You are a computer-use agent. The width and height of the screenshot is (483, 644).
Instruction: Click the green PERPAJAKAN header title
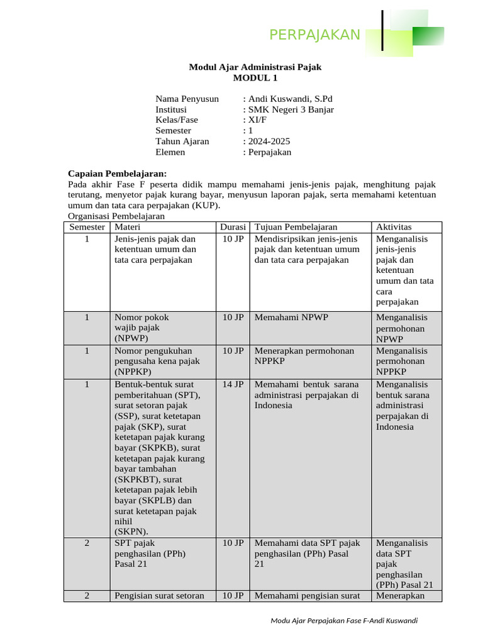(314, 35)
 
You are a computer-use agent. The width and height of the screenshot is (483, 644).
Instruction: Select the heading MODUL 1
(255, 78)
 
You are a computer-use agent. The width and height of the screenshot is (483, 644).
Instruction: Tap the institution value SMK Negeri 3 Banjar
(290, 109)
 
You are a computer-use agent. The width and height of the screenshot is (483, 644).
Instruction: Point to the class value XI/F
(252, 120)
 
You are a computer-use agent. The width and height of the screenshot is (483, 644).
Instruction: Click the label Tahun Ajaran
(182, 142)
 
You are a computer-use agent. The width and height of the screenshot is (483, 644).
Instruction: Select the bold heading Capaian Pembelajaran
(117, 174)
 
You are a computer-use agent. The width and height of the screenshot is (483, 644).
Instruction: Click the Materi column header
(127, 227)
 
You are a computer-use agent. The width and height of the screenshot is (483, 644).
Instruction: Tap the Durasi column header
(233, 227)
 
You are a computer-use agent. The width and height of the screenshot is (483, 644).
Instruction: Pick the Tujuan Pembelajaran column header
(296, 227)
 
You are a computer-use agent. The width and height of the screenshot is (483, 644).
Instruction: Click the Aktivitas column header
(394, 227)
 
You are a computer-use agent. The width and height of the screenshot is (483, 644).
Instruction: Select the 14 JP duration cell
(233, 384)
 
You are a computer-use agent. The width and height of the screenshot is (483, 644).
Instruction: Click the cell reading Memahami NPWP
(291, 318)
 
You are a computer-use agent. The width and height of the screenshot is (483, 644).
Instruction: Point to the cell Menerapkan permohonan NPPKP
(304, 356)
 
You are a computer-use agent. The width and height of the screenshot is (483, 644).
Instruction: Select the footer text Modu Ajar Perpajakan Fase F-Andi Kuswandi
(344, 621)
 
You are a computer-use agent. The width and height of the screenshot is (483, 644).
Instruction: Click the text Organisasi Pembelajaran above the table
(116, 216)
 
